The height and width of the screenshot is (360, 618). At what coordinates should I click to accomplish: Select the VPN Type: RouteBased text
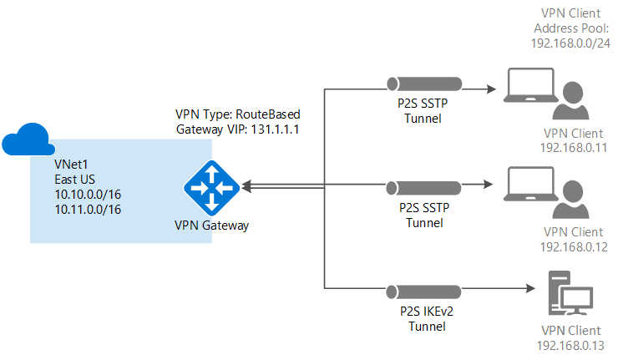click(236, 114)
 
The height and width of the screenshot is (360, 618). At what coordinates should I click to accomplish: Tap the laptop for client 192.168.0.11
click(529, 88)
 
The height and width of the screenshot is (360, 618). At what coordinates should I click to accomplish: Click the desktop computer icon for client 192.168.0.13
click(567, 292)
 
